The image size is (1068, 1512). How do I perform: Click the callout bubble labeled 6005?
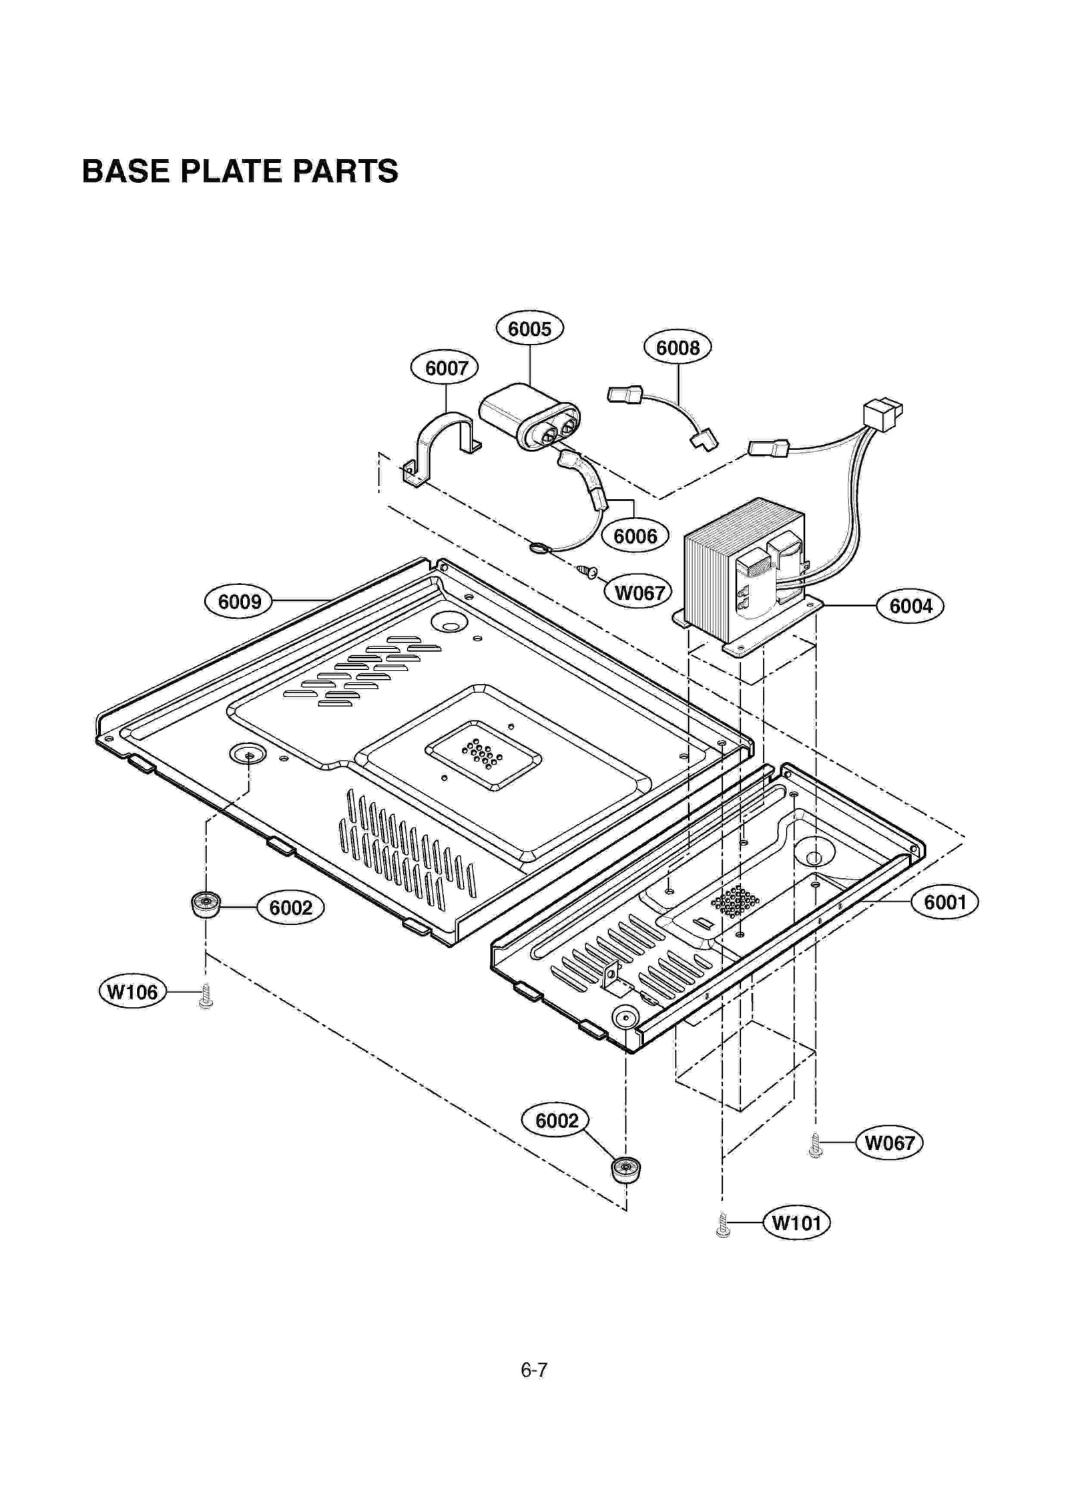tap(529, 329)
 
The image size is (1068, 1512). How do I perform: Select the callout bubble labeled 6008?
tap(678, 347)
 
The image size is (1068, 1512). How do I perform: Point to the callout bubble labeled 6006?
tap(635, 536)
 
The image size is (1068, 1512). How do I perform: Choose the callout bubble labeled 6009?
tap(239, 601)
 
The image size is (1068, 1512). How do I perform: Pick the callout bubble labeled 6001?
tap(945, 902)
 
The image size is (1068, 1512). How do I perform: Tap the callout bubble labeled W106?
tap(132, 992)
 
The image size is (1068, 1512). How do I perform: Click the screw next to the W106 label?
tap(206, 996)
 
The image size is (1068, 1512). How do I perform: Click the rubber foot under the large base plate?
tap(206, 905)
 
